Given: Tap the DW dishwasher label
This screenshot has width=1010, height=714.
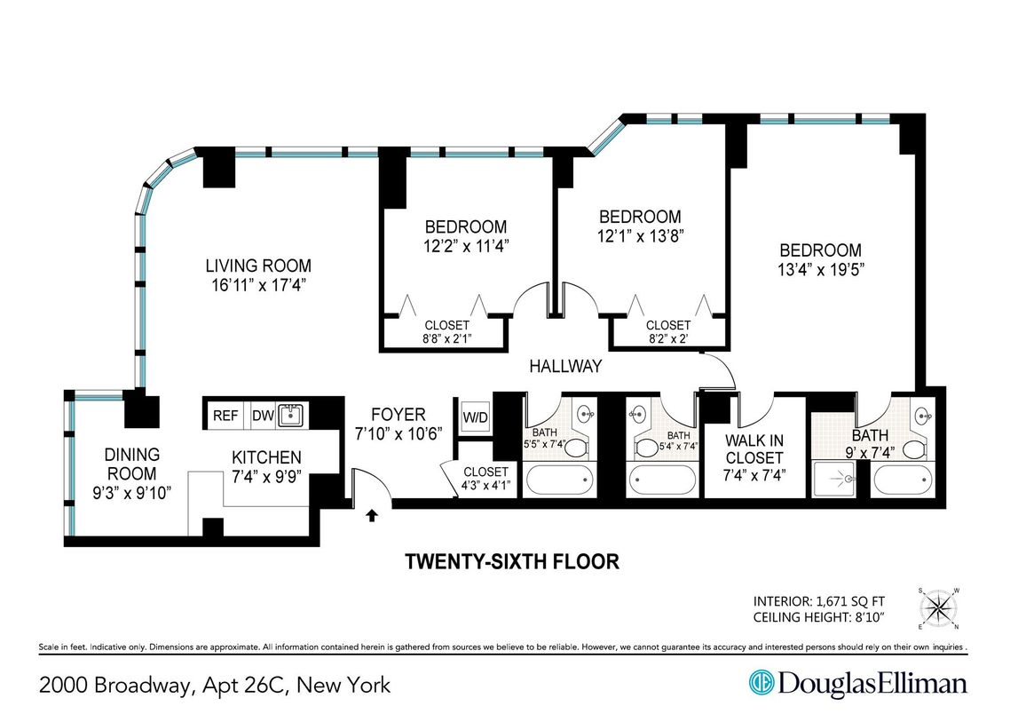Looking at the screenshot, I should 262,416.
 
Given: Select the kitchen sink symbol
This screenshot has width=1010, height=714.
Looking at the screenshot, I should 290,415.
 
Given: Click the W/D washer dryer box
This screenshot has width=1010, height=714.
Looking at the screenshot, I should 475,417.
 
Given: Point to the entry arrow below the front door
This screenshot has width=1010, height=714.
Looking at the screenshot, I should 373,513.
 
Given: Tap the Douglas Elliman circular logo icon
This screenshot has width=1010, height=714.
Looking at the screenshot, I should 761,684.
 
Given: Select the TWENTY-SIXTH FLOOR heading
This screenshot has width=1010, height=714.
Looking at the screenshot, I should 511,562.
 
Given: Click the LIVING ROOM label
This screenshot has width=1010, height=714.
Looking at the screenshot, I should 258,266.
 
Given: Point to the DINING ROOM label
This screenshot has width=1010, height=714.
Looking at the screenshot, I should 131,464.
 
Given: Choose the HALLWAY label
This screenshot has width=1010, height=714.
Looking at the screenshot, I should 565,366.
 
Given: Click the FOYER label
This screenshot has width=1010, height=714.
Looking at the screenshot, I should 398,415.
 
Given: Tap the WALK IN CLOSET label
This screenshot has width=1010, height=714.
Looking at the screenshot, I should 754,448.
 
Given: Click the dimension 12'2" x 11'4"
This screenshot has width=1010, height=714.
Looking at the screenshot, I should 465,245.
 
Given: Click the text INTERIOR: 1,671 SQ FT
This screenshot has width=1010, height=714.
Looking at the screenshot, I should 819,599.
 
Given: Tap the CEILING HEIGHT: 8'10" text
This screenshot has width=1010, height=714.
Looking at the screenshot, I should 819,615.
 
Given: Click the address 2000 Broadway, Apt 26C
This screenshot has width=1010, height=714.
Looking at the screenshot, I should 214,685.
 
